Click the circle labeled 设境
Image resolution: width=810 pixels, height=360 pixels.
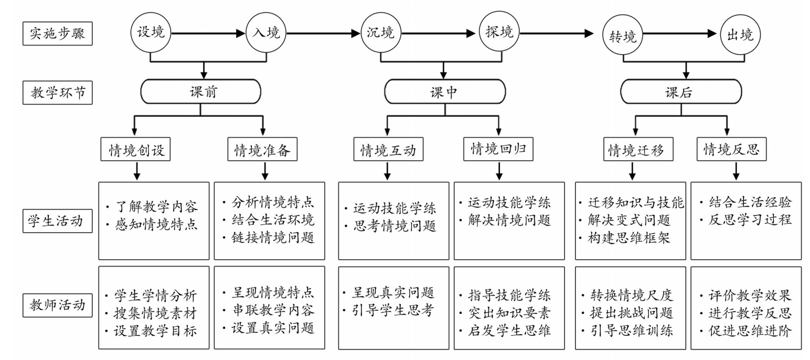point(151,33)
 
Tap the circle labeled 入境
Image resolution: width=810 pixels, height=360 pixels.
point(266,33)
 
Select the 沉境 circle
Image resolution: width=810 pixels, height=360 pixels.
point(381,33)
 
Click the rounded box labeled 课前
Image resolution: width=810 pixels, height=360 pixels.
point(201,91)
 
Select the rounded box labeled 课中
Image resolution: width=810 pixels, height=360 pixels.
point(445,91)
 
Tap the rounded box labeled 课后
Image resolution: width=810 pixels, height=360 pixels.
point(681,91)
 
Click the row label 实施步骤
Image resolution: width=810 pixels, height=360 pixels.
point(58,34)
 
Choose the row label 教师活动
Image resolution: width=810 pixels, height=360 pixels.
point(58,305)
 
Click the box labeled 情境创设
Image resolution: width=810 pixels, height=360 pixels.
point(135,149)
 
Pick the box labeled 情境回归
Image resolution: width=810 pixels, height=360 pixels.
point(498,149)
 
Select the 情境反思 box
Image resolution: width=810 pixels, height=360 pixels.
point(731,149)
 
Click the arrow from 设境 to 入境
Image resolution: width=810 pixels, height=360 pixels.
point(208,33)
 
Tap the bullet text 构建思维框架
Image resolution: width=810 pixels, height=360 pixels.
point(629,238)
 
